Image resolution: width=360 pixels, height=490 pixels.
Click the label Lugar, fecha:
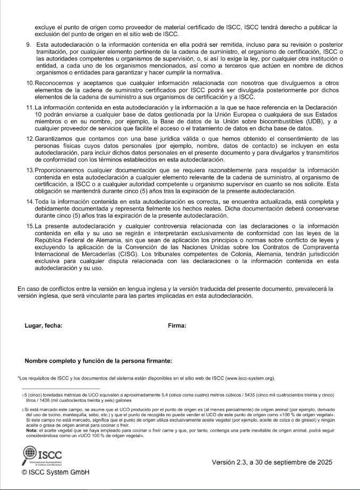click(x=44, y=325)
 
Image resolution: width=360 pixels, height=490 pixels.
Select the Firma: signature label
click(x=177, y=325)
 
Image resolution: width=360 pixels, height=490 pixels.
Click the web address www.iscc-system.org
click(x=246, y=379)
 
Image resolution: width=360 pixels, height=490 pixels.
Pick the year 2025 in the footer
click(x=322, y=462)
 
